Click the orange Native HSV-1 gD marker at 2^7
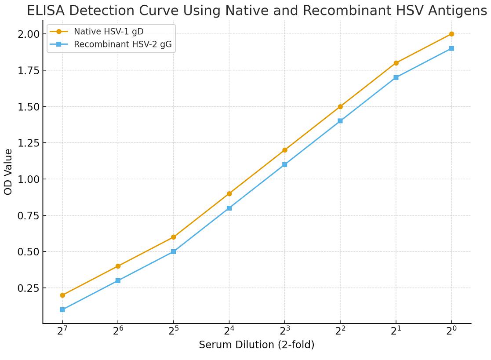tap(62, 295)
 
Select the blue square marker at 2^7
tap(62, 310)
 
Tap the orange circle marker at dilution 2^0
tap(451, 34)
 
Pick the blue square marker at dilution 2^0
tap(451, 48)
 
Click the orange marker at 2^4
tap(229, 194)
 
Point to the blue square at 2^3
tap(285, 164)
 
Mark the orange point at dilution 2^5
tap(174, 237)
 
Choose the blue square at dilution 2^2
tap(340, 121)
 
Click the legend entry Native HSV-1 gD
tap(108, 32)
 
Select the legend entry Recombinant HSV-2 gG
tap(123, 44)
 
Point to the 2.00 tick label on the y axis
tap(29, 34)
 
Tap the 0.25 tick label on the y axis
tap(29, 288)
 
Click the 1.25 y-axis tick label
tap(29, 143)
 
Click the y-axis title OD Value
tap(8, 172)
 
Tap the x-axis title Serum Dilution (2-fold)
tap(256, 345)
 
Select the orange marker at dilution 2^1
tap(396, 63)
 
